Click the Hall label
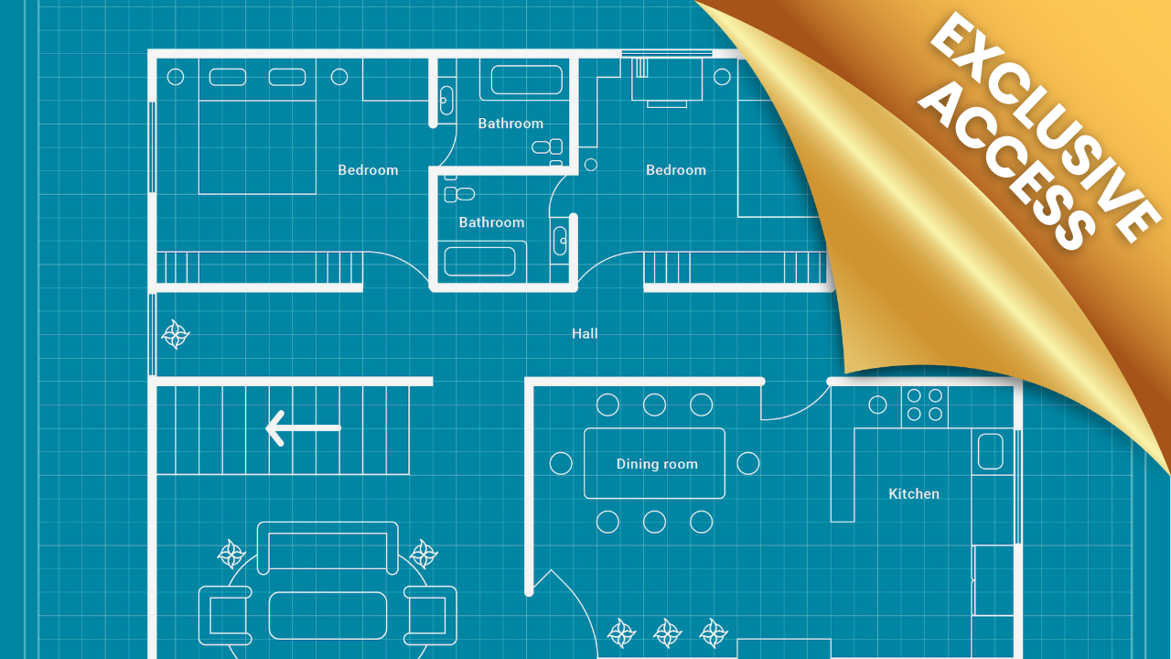[585, 334]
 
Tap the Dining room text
[657, 464]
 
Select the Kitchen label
[914, 493]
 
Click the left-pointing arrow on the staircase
[303, 427]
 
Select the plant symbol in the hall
[176, 335]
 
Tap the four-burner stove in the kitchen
[924, 405]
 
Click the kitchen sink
[990, 451]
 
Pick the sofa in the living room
[328, 547]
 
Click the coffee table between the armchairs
[328, 616]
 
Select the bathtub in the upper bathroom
[526, 80]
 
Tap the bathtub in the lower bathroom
[480, 261]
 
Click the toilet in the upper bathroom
[547, 146]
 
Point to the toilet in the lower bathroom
[459, 194]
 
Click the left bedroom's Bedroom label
[368, 170]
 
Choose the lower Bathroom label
[491, 222]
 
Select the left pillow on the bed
[228, 77]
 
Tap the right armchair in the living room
[430, 616]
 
